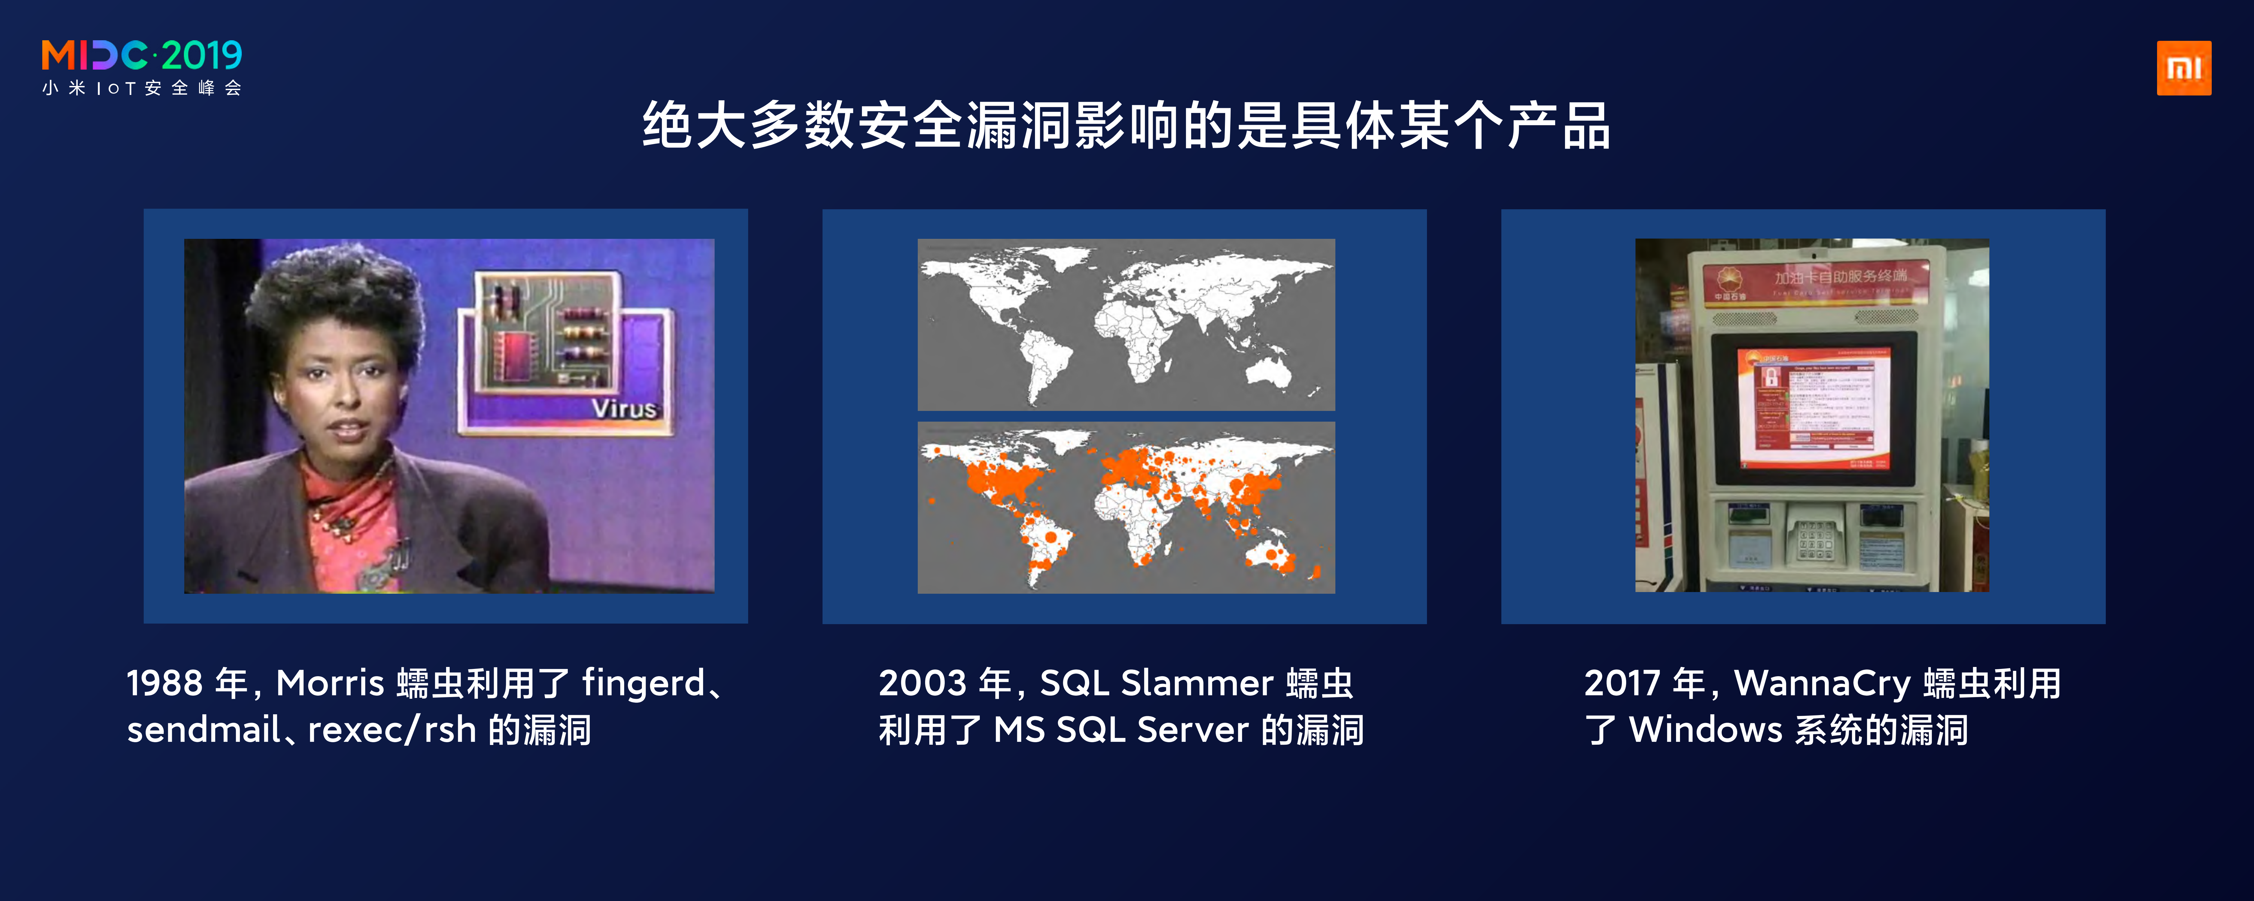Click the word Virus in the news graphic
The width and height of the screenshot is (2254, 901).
623,408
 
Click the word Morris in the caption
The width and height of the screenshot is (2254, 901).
330,683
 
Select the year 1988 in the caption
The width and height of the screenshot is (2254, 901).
165,683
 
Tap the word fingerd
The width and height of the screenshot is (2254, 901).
644,683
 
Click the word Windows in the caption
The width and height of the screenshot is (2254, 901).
1705,729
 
